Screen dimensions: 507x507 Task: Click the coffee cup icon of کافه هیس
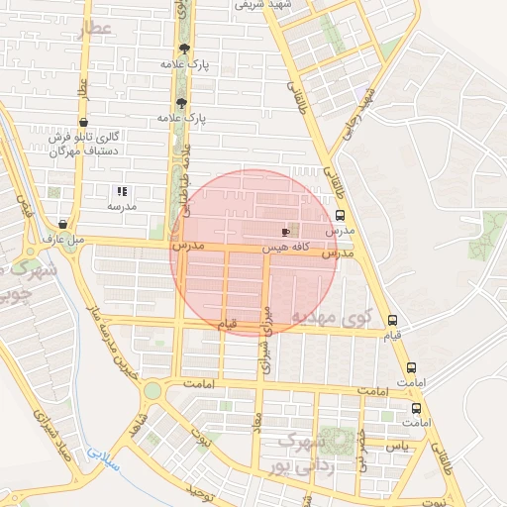pos(287,230)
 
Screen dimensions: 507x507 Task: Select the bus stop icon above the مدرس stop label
pos(341,215)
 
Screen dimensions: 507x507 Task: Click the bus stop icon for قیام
pos(393,321)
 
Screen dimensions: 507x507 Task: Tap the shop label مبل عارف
pos(64,239)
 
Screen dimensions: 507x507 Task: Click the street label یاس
pos(397,447)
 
